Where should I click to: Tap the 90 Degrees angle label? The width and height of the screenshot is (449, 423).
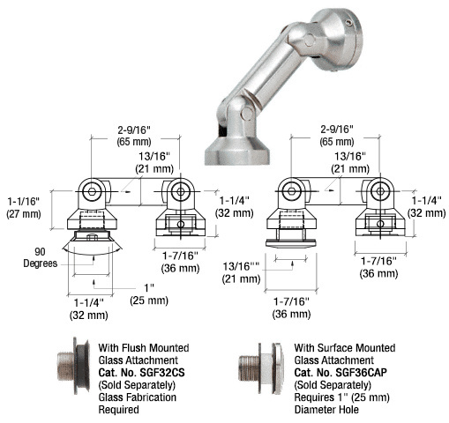[41, 257]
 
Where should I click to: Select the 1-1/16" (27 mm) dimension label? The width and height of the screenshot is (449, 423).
[24, 208]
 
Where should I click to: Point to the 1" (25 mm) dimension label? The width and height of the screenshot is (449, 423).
[149, 294]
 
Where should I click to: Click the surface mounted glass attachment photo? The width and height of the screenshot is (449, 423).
[261, 368]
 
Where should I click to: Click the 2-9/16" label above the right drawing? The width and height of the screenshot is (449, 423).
[337, 130]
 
